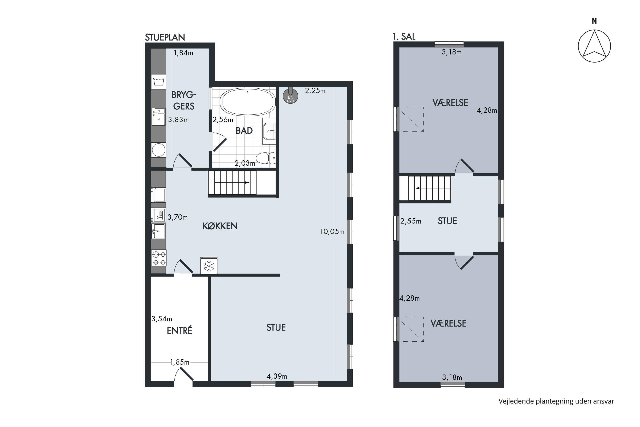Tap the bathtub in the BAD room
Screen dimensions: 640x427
(x=248, y=102)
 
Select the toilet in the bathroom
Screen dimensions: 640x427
(x=266, y=158)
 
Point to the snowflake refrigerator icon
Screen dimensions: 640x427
(x=209, y=266)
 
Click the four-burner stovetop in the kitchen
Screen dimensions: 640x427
(x=159, y=258)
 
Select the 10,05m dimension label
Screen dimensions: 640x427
(x=332, y=232)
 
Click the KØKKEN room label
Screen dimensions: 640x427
(x=220, y=226)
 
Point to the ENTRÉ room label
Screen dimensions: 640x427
(x=179, y=330)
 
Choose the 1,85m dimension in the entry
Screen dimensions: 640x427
(x=180, y=362)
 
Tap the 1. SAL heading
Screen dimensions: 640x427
(x=404, y=37)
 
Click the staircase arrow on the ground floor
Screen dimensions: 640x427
(x=232, y=183)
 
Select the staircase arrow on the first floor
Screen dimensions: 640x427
(x=432, y=188)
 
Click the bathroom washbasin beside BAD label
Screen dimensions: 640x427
(x=269, y=131)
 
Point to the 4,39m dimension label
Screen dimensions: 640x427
(x=277, y=376)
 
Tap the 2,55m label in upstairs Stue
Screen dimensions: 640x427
(x=411, y=221)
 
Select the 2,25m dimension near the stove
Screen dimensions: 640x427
(x=315, y=91)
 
